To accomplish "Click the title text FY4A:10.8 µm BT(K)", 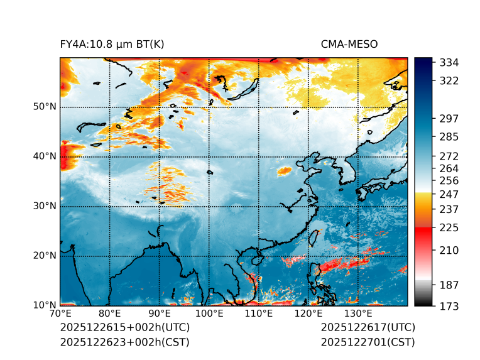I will pyautogui.click(x=112, y=44).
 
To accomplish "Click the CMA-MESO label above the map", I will pyautogui.click(x=349, y=44).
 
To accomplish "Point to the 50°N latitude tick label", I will pyautogui.click(x=45, y=107).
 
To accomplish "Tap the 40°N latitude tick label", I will pyautogui.click(x=45, y=156).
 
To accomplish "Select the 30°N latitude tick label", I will pyautogui.click(x=45, y=206).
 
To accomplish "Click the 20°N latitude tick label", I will pyautogui.click(x=45, y=256).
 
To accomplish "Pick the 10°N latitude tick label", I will pyautogui.click(x=45, y=305).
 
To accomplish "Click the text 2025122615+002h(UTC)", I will pyautogui.click(x=124, y=328).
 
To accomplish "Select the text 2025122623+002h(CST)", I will pyautogui.click(x=124, y=342).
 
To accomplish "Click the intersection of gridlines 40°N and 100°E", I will pyautogui.click(x=209, y=156).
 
